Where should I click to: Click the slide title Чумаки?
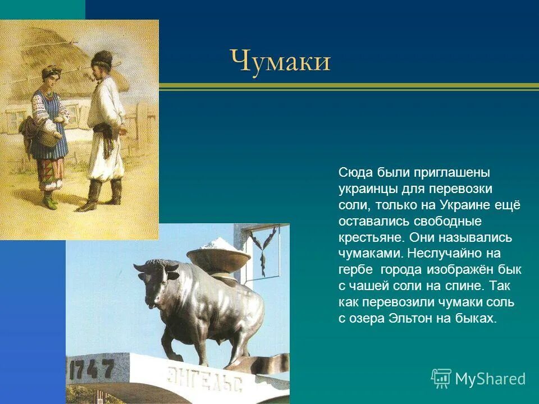pos(280,61)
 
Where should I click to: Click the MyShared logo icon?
pos(441,378)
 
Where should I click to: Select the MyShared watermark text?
pos(490,379)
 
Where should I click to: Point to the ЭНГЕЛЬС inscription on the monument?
pos(205,379)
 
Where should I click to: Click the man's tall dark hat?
pos(103,58)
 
